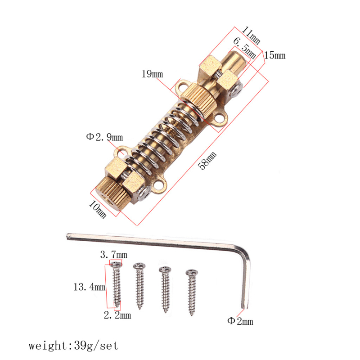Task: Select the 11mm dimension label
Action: coord(252,34)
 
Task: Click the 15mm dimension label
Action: coord(274,56)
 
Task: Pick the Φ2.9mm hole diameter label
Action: coord(104,136)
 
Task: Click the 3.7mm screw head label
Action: coord(113,255)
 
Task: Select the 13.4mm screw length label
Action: coord(89,287)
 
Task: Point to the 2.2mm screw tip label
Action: coord(117,315)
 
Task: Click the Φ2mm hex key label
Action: coord(240,321)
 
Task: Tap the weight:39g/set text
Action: coord(73,346)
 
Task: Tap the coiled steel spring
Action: coord(162,137)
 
